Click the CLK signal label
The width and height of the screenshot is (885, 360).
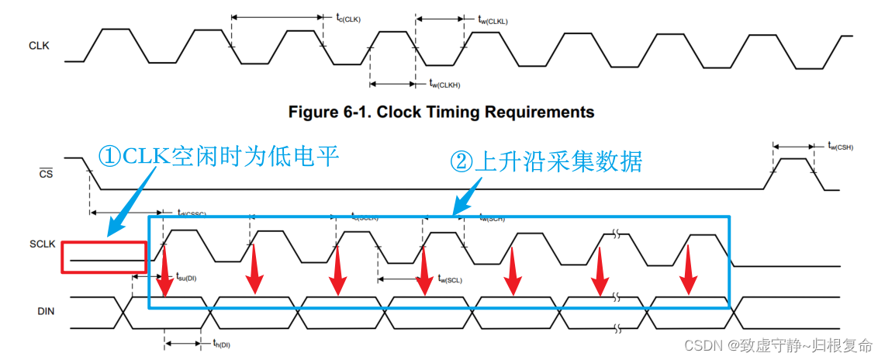(39, 46)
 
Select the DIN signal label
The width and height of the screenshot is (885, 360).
(45, 310)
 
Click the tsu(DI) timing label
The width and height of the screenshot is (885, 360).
(186, 277)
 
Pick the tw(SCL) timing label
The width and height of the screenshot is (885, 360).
(450, 279)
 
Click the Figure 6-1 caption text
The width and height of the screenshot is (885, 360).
(441, 112)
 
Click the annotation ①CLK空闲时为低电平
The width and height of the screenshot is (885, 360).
(220, 157)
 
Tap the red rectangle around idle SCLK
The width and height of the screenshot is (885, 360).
(103, 257)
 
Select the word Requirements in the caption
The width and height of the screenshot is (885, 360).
(540, 112)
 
